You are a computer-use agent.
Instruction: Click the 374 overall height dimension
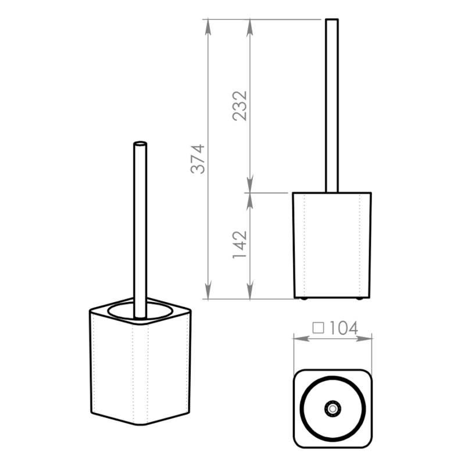198,159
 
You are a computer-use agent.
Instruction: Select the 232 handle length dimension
239,106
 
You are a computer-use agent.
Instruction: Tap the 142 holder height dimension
239,244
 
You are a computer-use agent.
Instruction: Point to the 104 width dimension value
344,328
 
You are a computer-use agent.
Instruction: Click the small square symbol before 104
318,328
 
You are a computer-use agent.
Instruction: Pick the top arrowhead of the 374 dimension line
208,27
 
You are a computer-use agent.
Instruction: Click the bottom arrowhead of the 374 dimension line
208,291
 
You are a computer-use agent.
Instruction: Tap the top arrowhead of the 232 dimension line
250,27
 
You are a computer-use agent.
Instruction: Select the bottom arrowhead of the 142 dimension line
250,291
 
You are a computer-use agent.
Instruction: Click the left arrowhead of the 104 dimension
301,338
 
